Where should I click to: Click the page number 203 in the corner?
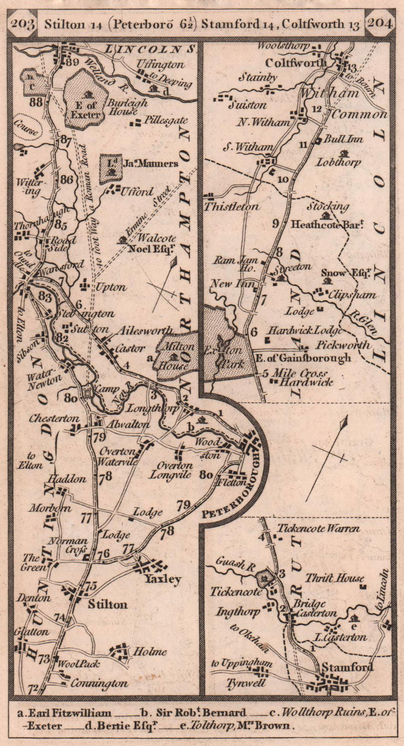tap(22, 24)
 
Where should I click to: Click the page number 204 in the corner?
tap(380, 24)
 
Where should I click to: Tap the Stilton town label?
tap(107, 604)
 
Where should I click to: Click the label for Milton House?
tap(175, 356)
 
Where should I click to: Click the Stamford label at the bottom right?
tap(352, 667)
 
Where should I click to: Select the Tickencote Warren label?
tap(319, 529)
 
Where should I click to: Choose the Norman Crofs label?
tap(70, 545)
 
